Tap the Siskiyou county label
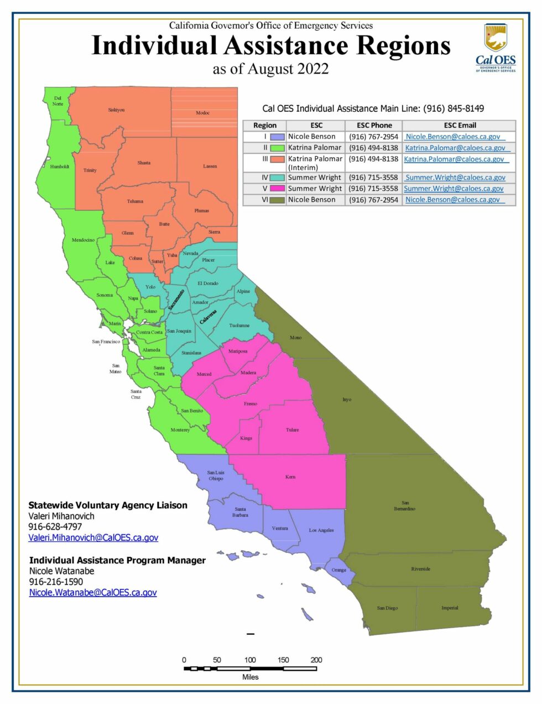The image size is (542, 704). (116, 110)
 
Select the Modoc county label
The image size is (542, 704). (203, 113)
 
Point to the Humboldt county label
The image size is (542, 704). (60, 167)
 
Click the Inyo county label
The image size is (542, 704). (347, 399)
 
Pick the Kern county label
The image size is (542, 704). (290, 477)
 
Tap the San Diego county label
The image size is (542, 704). (387, 608)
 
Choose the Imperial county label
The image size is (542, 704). (450, 608)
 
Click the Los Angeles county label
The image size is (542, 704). (321, 530)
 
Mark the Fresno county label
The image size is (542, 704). (251, 403)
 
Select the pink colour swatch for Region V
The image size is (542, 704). (278, 189)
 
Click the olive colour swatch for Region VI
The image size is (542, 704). (278, 200)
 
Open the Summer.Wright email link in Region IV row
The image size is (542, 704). (455, 178)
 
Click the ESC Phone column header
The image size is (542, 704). (374, 126)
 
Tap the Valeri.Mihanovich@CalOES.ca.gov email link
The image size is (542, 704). (93, 537)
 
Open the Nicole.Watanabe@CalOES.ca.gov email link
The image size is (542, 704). (93, 592)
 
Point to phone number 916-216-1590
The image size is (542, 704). (56, 582)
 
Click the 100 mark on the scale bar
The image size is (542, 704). (250, 660)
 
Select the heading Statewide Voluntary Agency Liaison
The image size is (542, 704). (108, 505)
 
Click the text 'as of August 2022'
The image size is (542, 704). (270, 69)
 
